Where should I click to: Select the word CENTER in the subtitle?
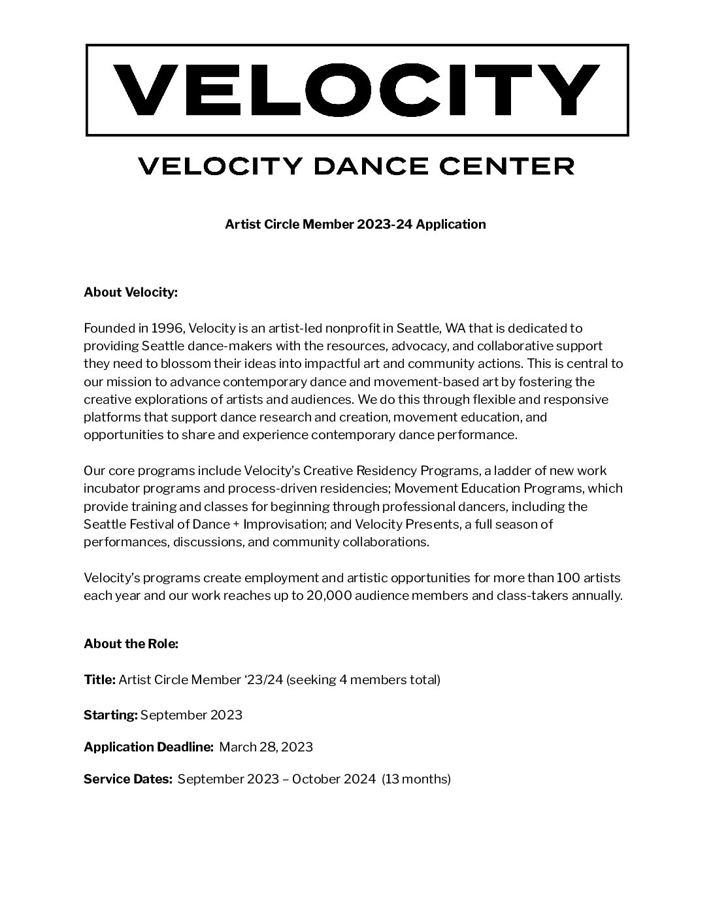(x=506, y=166)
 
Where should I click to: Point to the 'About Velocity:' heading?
(x=131, y=292)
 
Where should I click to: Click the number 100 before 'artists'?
(x=568, y=578)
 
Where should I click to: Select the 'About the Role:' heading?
(x=131, y=644)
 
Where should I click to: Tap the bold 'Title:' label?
(x=99, y=680)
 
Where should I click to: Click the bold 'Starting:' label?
(x=110, y=715)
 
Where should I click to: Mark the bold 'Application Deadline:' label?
(x=148, y=747)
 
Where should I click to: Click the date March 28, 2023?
(x=266, y=747)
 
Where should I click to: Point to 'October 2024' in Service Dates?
(x=333, y=779)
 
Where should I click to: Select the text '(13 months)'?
(x=416, y=779)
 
